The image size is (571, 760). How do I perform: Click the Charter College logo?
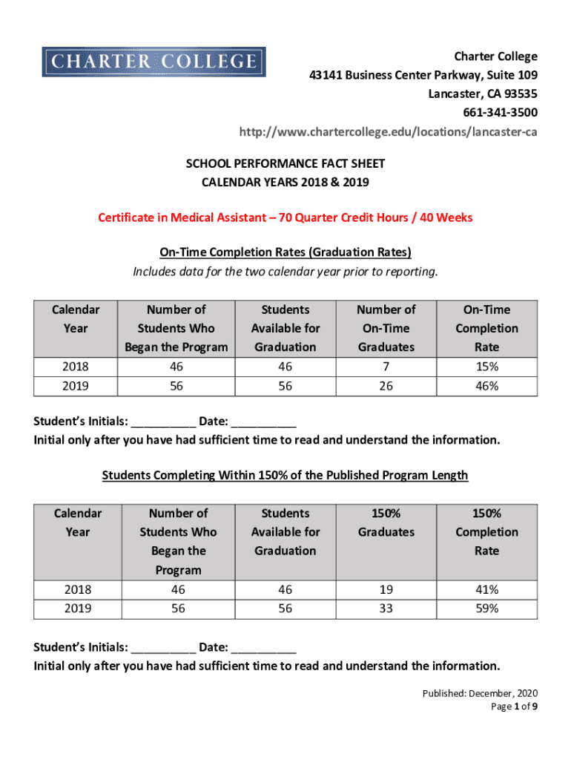tap(154, 62)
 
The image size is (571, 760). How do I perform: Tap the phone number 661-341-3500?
tap(501, 113)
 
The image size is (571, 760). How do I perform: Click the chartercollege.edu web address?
tap(388, 132)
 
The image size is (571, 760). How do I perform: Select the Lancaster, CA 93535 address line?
tap(483, 94)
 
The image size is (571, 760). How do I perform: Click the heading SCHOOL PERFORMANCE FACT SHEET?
tap(285, 163)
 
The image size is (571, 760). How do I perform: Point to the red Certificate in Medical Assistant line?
tap(285, 217)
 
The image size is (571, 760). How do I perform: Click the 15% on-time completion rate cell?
tap(487, 367)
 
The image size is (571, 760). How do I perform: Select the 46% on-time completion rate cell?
tap(487, 386)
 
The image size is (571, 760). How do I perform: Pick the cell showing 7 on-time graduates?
tap(386, 367)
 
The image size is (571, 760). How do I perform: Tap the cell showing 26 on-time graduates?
tap(386, 386)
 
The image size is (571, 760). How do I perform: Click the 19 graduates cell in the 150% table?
tap(386, 590)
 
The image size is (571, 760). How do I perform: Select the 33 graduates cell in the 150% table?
tap(386, 609)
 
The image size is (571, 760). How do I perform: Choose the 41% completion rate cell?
tap(487, 590)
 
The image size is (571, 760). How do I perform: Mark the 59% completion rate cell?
tap(487, 609)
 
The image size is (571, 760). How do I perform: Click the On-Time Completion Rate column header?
tap(487, 328)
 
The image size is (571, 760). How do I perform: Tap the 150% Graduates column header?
tap(386, 522)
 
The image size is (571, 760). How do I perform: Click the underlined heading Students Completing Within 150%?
tap(285, 475)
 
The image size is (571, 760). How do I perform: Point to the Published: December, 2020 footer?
tap(480, 693)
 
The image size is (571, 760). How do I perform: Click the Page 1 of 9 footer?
tap(514, 707)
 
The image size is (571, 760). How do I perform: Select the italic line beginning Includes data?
tap(285, 272)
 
